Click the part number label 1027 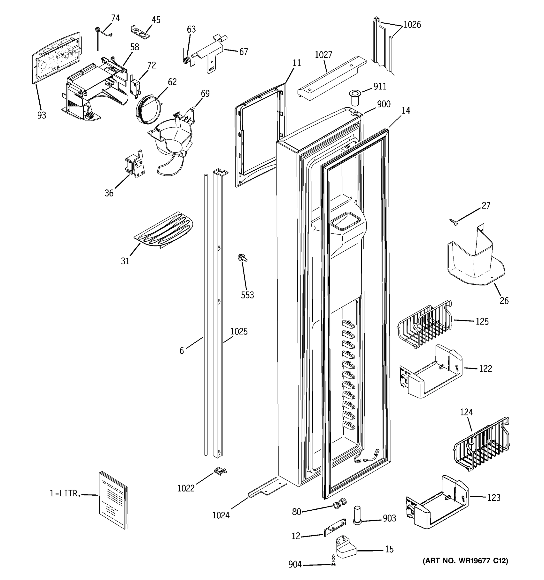click(323, 55)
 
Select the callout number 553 click(247, 295)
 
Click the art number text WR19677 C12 click(465, 560)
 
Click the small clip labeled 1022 click(220, 470)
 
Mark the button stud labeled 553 click(242, 258)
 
